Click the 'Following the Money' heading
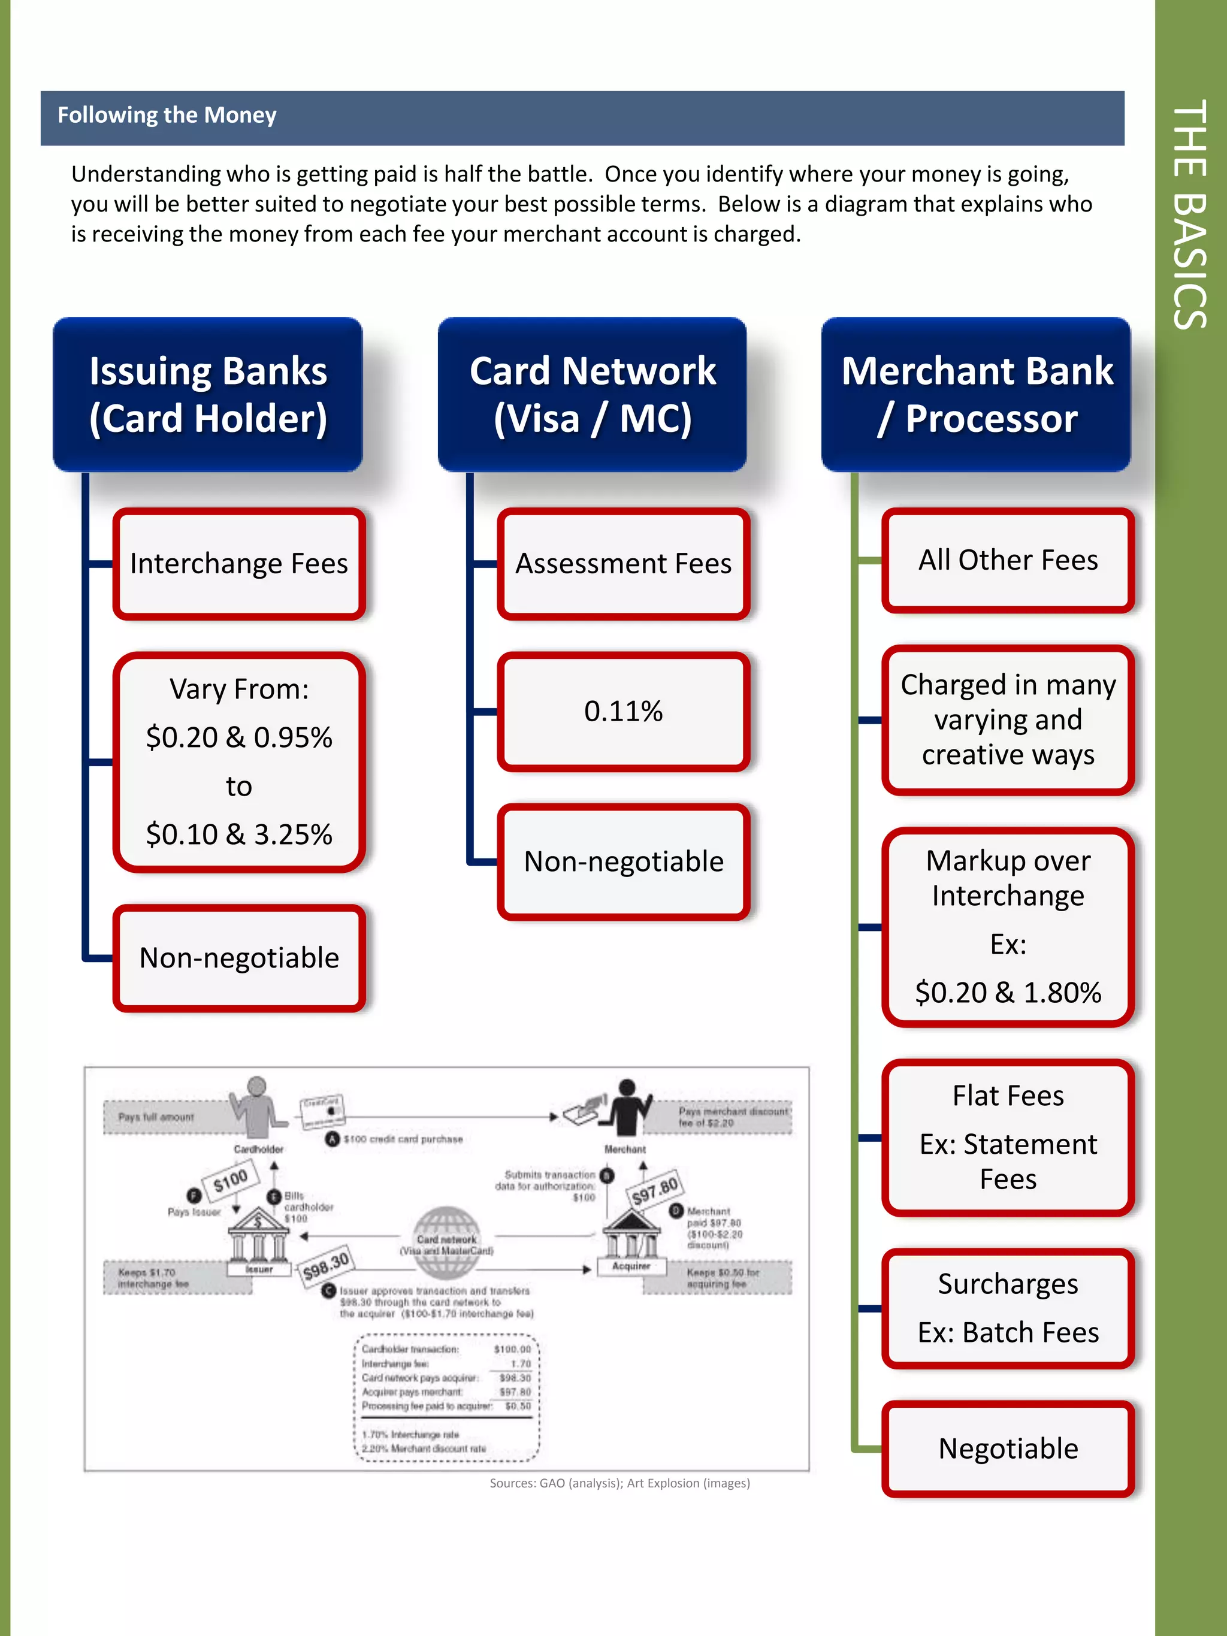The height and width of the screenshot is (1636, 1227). tap(167, 116)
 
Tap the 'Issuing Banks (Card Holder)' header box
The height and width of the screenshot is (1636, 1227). tap(208, 395)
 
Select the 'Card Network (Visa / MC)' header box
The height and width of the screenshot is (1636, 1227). tap(593, 395)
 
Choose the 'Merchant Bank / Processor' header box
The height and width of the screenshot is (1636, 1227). tap(977, 395)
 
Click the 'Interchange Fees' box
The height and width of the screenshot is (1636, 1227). tap(239, 564)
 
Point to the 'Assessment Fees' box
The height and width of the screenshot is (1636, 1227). tap(624, 564)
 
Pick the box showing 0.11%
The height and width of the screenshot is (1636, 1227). tap(624, 712)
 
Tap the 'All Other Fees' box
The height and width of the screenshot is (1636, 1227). tap(1008, 561)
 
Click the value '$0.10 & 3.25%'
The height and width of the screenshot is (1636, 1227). tap(239, 834)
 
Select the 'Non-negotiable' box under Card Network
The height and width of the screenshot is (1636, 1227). tap(624, 861)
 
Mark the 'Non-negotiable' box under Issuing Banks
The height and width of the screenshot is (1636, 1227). tap(239, 958)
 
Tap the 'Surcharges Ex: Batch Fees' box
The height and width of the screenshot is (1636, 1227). tap(1008, 1308)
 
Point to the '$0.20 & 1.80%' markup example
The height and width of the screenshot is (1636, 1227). tap(1008, 993)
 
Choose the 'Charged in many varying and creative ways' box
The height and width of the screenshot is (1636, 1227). tap(1008, 719)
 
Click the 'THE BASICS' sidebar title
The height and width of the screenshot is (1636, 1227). tap(1190, 214)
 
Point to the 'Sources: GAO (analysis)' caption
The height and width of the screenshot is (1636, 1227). tap(619, 1483)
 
